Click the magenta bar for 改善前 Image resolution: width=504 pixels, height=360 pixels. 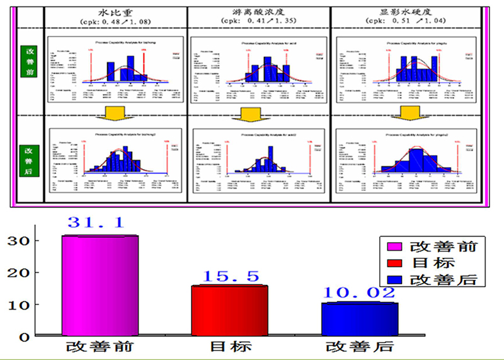[100, 285]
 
